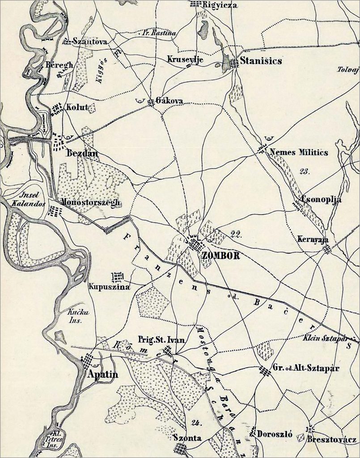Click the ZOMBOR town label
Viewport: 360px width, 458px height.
[221, 256]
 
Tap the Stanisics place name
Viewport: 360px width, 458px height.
[261, 61]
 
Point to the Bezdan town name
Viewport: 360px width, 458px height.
[82, 153]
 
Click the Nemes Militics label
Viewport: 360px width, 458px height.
[299, 153]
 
